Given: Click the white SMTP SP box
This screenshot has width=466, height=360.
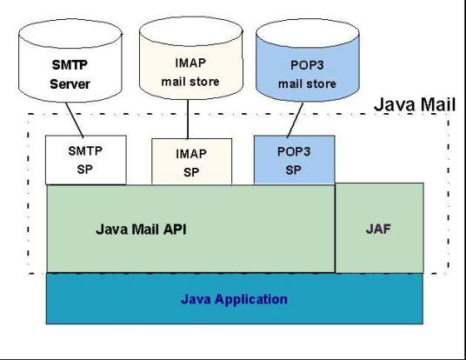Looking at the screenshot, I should coord(85,159).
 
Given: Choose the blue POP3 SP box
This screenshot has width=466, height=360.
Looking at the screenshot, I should coord(295,158).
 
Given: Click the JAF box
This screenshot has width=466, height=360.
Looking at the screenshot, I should coord(380,228).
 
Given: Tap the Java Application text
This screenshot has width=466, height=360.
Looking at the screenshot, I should coord(234,299).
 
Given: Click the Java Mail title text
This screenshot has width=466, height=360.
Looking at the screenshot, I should coord(413,104).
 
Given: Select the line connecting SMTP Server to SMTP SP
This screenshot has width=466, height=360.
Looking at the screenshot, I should coord(80,122).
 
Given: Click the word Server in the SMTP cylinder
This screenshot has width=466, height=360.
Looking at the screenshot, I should coord(70,83).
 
